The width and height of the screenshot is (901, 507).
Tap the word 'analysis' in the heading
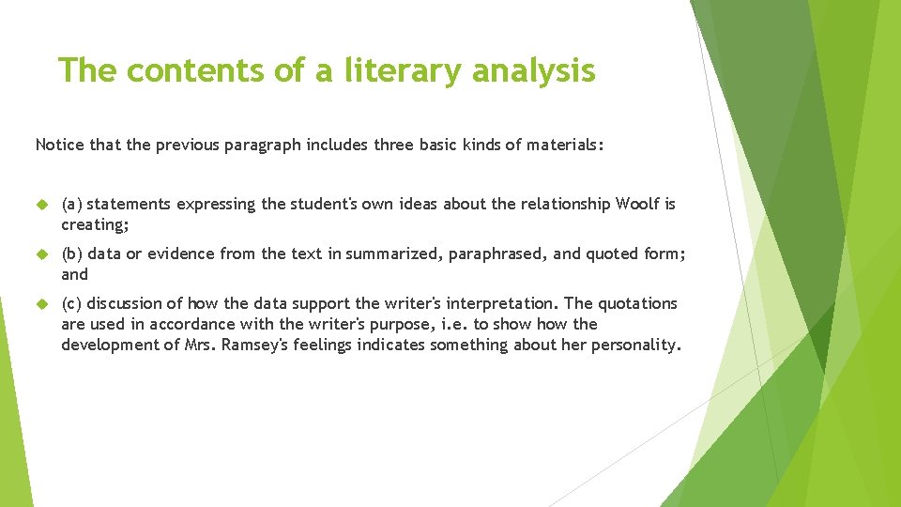tap(537, 70)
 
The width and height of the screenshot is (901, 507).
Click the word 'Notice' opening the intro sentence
tap(57, 145)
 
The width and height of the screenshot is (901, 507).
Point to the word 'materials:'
tap(566, 145)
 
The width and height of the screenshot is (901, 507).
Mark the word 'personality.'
tap(636, 345)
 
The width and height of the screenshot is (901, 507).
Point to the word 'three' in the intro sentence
tap(395, 145)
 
